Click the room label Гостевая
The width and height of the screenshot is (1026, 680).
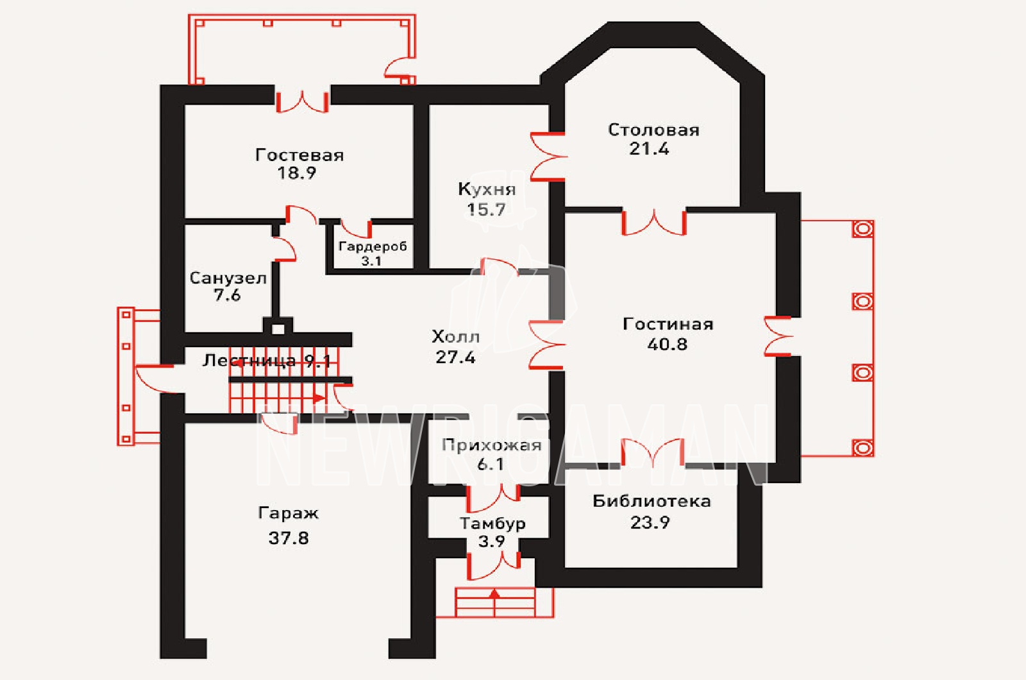pyautogui.click(x=299, y=155)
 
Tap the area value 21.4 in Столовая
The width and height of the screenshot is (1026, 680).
pyautogui.click(x=649, y=149)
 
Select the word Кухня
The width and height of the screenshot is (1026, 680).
pyautogui.click(x=487, y=189)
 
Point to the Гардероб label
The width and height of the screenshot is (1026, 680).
pyautogui.click(x=373, y=246)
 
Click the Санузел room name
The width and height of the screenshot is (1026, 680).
pyautogui.click(x=228, y=278)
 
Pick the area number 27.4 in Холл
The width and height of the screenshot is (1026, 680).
pyautogui.click(x=455, y=357)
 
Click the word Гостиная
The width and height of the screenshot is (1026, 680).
pyautogui.click(x=668, y=325)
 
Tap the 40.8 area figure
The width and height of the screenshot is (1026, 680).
pyautogui.click(x=668, y=344)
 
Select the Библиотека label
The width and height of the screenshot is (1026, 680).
pyautogui.click(x=652, y=501)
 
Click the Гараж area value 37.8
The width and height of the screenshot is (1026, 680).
pyautogui.click(x=289, y=538)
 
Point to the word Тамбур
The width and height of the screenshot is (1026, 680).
pyautogui.click(x=492, y=523)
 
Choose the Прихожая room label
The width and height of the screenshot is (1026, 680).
pyautogui.click(x=492, y=445)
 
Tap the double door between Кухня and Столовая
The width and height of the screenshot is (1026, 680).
pyautogui.click(x=548, y=157)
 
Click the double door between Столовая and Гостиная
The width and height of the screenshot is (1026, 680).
pyautogui.click(x=653, y=222)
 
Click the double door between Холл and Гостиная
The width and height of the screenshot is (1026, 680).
pyautogui.click(x=546, y=344)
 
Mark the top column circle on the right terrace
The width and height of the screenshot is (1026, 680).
pyautogui.click(x=862, y=228)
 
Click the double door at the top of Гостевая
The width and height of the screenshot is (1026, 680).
pyautogui.click(x=302, y=101)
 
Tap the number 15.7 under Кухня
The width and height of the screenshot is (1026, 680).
pyautogui.click(x=487, y=209)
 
